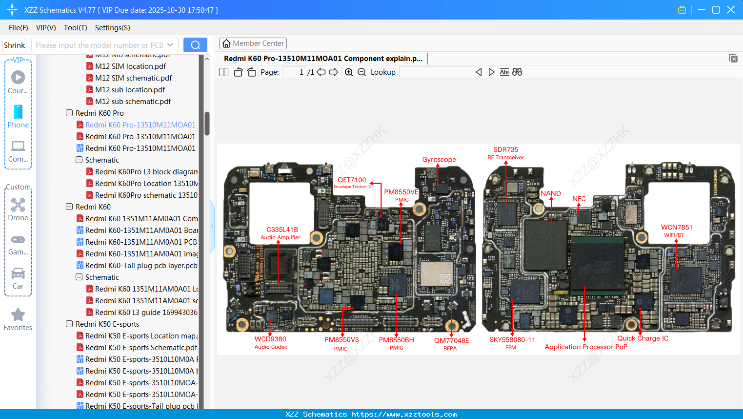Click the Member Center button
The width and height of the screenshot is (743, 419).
click(x=253, y=43)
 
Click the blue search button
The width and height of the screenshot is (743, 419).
click(x=195, y=45)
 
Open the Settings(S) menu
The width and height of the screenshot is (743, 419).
click(x=112, y=28)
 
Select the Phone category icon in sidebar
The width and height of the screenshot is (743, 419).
click(x=18, y=116)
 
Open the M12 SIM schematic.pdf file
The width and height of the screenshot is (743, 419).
click(x=133, y=78)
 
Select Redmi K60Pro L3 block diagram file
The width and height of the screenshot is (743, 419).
click(x=146, y=172)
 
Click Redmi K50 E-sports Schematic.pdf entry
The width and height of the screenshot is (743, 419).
click(x=141, y=348)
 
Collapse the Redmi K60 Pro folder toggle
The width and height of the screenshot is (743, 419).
click(x=69, y=113)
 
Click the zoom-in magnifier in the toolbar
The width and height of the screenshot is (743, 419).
click(x=349, y=72)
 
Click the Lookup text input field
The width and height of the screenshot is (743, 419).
click(x=435, y=72)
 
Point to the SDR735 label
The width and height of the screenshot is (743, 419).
click(x=505, y=150)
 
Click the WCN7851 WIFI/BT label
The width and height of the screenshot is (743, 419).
click(x=676, y=228)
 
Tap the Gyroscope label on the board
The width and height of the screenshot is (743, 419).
click(x=439, y=160)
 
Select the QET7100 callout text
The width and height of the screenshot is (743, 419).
click(x=352, y=180)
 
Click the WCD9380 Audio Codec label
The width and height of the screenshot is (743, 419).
click(x=270, y=339)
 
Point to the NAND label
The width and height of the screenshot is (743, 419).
click(x=551, y=193)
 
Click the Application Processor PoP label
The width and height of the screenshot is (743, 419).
click(x=586, y=347)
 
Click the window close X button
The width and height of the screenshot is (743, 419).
click(x=731, y=10)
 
